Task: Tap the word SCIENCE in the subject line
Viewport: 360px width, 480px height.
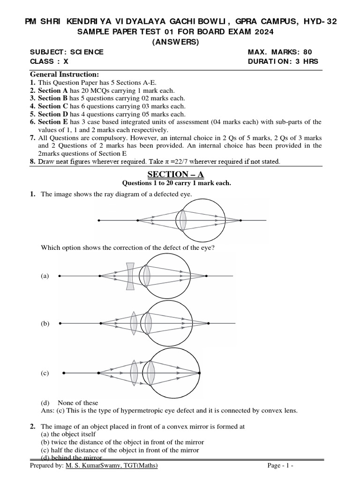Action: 88,52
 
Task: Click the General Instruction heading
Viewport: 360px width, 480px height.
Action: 64,75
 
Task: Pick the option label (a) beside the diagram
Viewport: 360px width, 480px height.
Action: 45,277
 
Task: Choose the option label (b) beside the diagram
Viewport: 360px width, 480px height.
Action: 45,323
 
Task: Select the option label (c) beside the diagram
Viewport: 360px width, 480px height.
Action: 45,373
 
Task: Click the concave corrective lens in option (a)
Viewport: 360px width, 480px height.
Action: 130,276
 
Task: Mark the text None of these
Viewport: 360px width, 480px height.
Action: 78,403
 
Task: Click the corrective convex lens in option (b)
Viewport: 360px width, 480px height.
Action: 134,323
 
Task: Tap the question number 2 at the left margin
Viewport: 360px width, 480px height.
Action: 32,427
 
